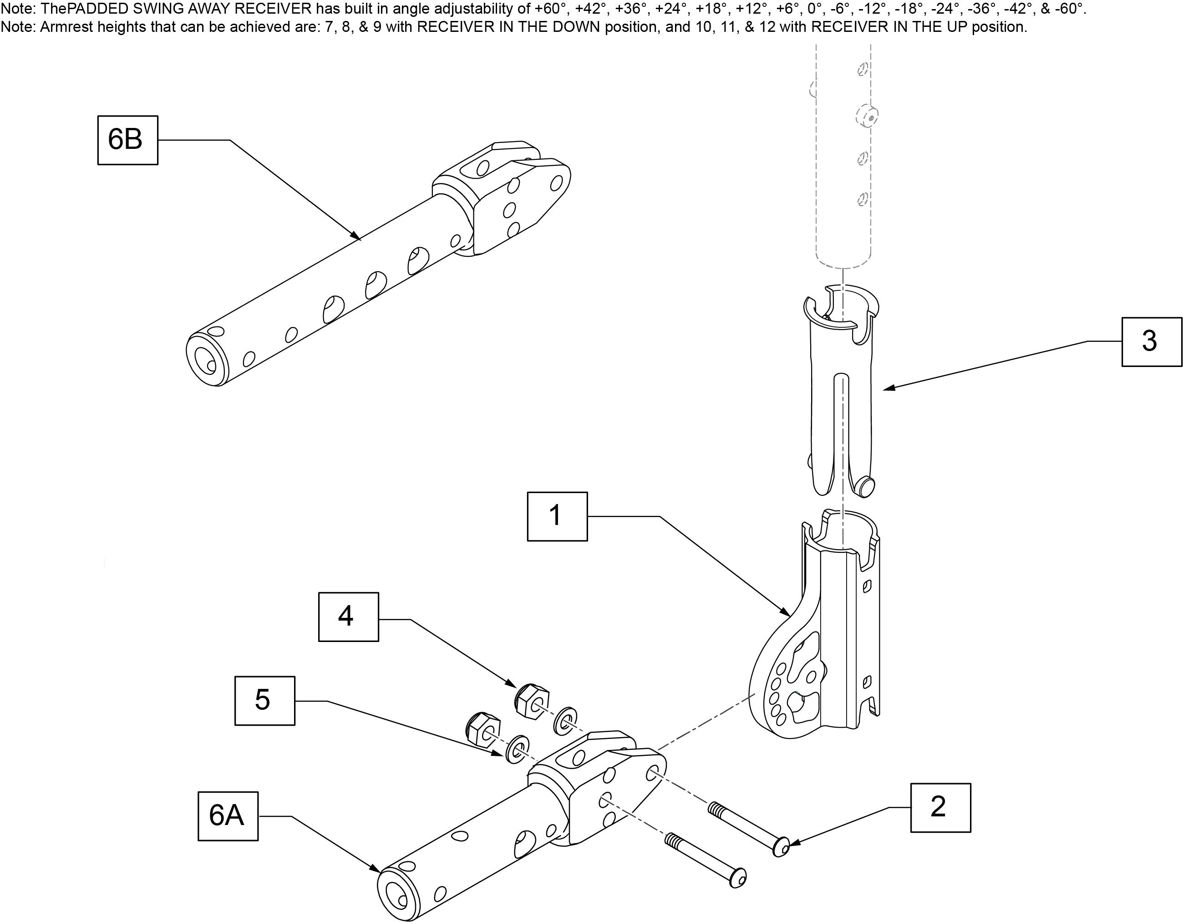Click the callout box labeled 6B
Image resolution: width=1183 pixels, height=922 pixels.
pos(128,140)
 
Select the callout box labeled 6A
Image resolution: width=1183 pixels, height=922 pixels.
pos(228,816)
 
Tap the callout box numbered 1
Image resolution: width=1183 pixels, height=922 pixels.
pos(558,516)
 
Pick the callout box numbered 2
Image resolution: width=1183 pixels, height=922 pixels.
pos(941,808)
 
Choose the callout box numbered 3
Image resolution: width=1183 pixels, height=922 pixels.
pos(1152,342)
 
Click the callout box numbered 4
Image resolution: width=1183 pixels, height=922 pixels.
pos(348,617)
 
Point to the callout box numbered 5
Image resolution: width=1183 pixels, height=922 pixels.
pos(265,701)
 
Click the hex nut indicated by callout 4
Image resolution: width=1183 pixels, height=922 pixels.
pos(531,702)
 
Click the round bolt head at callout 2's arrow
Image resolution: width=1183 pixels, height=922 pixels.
pos(781,847)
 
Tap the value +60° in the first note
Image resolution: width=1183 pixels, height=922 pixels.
pos(550,9)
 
